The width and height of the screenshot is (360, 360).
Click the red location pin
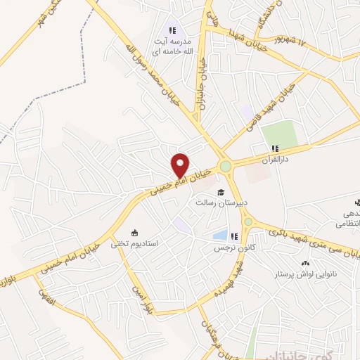pos(181,165)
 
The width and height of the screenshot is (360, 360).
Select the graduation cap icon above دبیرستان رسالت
pos(219,192)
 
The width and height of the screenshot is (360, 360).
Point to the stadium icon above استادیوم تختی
pos(134,233)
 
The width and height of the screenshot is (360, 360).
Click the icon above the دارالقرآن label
pos(276,149)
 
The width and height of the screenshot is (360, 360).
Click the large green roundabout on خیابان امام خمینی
pos(226,167)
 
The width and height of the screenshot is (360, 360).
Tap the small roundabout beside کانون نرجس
pos(247,223)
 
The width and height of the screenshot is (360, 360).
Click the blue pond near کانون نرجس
pos(221,235)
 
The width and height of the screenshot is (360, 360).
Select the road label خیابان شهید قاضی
pos(281,105)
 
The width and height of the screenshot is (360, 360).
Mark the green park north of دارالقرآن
pos(281,134)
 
